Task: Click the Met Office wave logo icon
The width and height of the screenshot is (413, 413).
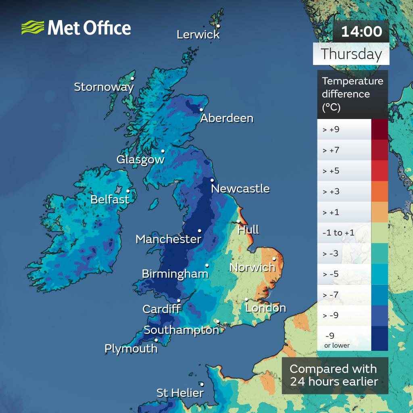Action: coord(32,28)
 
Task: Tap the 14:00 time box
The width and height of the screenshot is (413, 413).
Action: coord(361,31)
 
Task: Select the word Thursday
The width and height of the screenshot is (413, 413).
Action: coord(351,54)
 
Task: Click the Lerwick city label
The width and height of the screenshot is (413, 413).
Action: coord(198,35)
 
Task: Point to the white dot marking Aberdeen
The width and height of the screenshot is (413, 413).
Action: coord(201,109)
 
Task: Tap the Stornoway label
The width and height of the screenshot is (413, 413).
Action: coord(104,87)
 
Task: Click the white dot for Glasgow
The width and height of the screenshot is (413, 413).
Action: coord(163,151)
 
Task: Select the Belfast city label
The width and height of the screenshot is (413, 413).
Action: coord(110,199)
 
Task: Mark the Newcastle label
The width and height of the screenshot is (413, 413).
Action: coord(240,188)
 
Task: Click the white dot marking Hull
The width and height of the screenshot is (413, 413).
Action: coord(239,221)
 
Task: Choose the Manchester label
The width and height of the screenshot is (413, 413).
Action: coord(168,239)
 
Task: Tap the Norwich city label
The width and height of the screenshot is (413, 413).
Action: coord(252,267)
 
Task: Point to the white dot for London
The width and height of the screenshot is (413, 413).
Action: coord(246,299)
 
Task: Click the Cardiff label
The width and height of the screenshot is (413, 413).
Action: coord(161,309)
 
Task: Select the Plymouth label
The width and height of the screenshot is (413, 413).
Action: coord(131,348)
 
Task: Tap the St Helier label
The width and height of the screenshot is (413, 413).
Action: coord(180,392)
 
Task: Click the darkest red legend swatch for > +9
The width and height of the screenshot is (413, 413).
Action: coord(379,129)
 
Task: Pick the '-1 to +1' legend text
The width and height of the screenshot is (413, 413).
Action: coord(338,233)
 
